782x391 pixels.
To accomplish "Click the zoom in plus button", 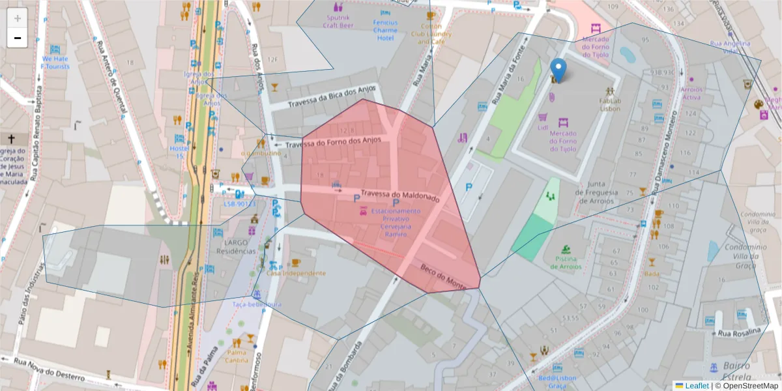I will click(17, 18).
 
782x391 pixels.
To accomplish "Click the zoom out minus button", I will click(17, 38).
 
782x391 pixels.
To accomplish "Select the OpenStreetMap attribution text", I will click(750, 386).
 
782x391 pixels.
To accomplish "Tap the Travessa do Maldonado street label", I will click(400, 195).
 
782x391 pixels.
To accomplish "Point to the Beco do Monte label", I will click(443, 278).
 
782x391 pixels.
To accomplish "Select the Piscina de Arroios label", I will click(564, 267).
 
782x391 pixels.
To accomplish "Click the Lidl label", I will click(543, 128).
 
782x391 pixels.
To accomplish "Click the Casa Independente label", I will click(295, 273).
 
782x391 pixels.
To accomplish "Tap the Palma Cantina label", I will click(237, 356).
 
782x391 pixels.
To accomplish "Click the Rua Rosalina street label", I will click(739, 333).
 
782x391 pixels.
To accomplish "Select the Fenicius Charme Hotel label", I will click(385, 30).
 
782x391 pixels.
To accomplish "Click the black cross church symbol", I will click(11, 139).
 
